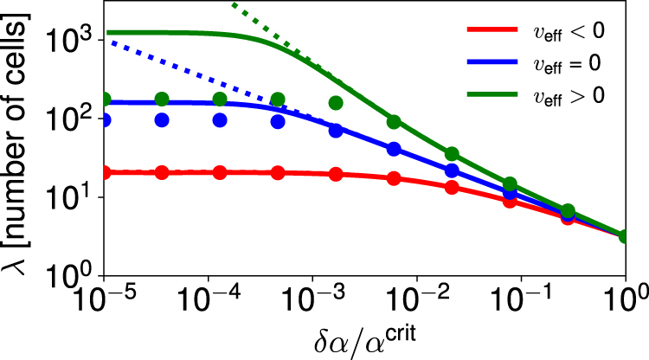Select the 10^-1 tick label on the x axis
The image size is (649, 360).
tap(521, 305)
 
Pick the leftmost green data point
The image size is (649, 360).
tap(105, 100)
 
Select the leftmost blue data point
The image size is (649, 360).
tap(105, 120)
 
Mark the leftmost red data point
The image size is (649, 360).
tap(105, 172)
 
